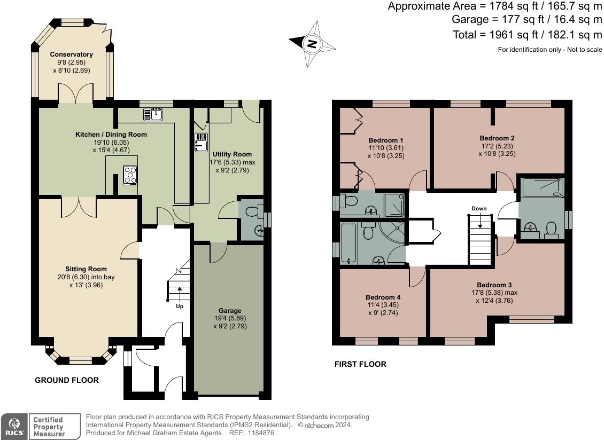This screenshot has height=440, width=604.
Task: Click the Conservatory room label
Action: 71,54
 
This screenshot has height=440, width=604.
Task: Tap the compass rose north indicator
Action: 312,43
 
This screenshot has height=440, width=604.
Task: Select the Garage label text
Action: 230,310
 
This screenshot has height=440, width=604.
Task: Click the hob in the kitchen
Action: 130,175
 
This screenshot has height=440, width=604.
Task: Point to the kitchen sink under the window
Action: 154,114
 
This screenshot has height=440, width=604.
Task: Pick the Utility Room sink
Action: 202,142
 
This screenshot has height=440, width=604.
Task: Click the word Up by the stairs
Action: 180,307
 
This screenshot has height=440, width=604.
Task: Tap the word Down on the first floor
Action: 479,208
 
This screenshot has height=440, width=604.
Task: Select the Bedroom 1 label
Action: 385,140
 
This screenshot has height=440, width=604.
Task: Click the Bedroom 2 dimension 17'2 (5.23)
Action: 497,146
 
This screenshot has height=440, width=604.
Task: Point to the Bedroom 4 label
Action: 383,297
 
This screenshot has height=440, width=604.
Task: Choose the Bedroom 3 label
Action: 494,285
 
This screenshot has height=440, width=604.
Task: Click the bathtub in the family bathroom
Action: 349,243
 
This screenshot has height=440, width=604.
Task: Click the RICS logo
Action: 14,427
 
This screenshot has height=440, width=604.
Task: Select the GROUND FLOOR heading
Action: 67,380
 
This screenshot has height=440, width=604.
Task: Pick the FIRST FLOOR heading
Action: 360,364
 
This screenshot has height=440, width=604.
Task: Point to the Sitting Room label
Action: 86,269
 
